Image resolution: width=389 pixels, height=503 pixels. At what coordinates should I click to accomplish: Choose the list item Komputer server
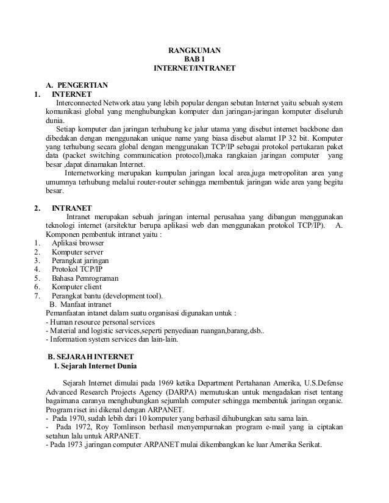(77, 251)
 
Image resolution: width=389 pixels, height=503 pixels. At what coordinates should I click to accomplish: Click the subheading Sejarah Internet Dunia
(99, 366)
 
